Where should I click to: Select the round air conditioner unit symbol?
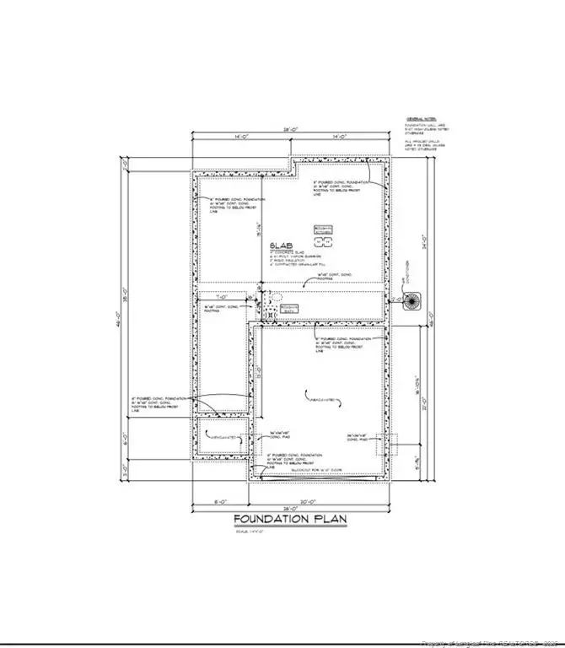[x=412, y=301]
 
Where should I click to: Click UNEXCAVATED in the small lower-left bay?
[x=221, y=436]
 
